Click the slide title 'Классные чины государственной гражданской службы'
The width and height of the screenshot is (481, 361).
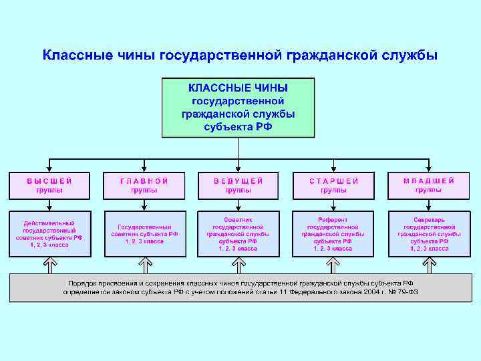(x=240, y=54)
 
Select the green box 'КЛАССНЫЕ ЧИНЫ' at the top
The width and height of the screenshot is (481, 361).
(x=238, y=108)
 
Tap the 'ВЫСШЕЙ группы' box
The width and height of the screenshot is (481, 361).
(x=49, y=185)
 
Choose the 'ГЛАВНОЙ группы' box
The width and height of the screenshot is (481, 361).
(x=144, y=185)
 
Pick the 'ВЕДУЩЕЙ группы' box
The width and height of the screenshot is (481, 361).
(x=238, y=185)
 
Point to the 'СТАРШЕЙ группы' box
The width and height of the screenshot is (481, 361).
(x=333, y=185)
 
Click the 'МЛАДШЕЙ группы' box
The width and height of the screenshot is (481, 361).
(x=429, y=185)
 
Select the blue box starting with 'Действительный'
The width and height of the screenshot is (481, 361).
(x=49, y=234)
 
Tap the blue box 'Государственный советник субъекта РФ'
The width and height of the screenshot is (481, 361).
(x=144, y=234)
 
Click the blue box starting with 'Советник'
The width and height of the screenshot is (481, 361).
(x=238, y=234)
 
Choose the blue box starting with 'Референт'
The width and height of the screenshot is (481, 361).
(x=333, y=234)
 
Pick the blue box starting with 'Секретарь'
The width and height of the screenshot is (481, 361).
(x=429, y=234)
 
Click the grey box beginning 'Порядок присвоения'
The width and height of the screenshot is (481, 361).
(x=240, y=287)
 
